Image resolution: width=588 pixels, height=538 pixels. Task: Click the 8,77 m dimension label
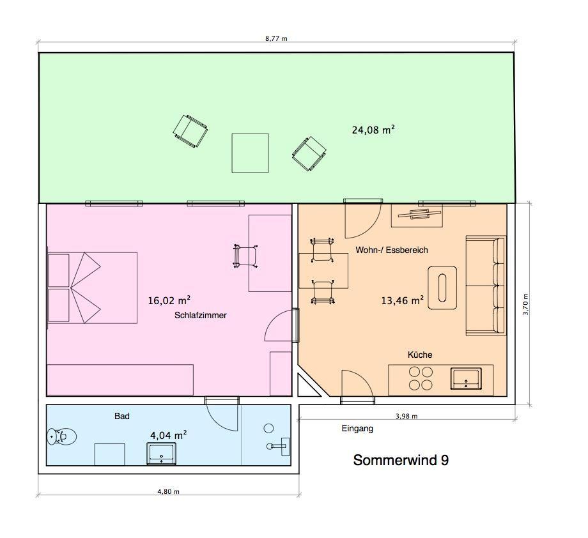click(276, 38)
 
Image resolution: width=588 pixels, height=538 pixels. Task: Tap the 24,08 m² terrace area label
click(373, 130)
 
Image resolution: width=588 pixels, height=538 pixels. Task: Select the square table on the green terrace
click(250, 153)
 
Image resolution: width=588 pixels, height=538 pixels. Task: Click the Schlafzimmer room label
click(200, 315)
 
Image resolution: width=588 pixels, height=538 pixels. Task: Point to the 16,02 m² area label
click(169, 300)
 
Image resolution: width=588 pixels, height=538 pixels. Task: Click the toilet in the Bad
click(61, 436)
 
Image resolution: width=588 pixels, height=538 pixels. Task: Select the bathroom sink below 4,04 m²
click(161, 453)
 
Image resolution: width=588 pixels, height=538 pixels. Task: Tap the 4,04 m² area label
click(168, 435)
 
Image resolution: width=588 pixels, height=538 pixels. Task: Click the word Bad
click(122, 416)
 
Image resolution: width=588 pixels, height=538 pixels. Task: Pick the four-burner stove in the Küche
click(421, 378)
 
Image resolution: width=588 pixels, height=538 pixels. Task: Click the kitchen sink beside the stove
click(466, 379)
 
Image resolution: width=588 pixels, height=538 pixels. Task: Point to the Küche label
click(420, 355)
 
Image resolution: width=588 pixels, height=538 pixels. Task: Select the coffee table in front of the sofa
click(442, 288)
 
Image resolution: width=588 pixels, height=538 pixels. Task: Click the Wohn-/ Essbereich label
click(392, 250)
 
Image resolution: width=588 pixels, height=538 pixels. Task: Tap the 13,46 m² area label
click(403, 300)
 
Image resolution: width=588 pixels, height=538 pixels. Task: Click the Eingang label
click(357, 429)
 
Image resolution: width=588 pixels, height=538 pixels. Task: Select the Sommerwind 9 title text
click(401, 460)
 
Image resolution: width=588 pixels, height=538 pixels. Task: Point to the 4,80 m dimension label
click(168, 491)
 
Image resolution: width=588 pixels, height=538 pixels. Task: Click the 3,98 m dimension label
click(406, 416)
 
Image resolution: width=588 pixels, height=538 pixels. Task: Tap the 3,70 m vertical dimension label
click(525, 304)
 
